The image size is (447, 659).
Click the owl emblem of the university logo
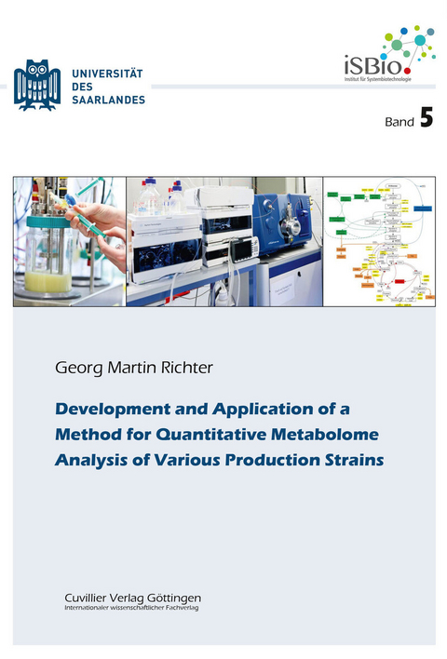tap(37, 85)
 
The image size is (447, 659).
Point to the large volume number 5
tap(426, 118)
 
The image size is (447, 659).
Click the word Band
tap(399, 122)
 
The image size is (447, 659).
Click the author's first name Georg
tap(80, 369)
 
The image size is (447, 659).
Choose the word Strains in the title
tap(352, 458)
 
